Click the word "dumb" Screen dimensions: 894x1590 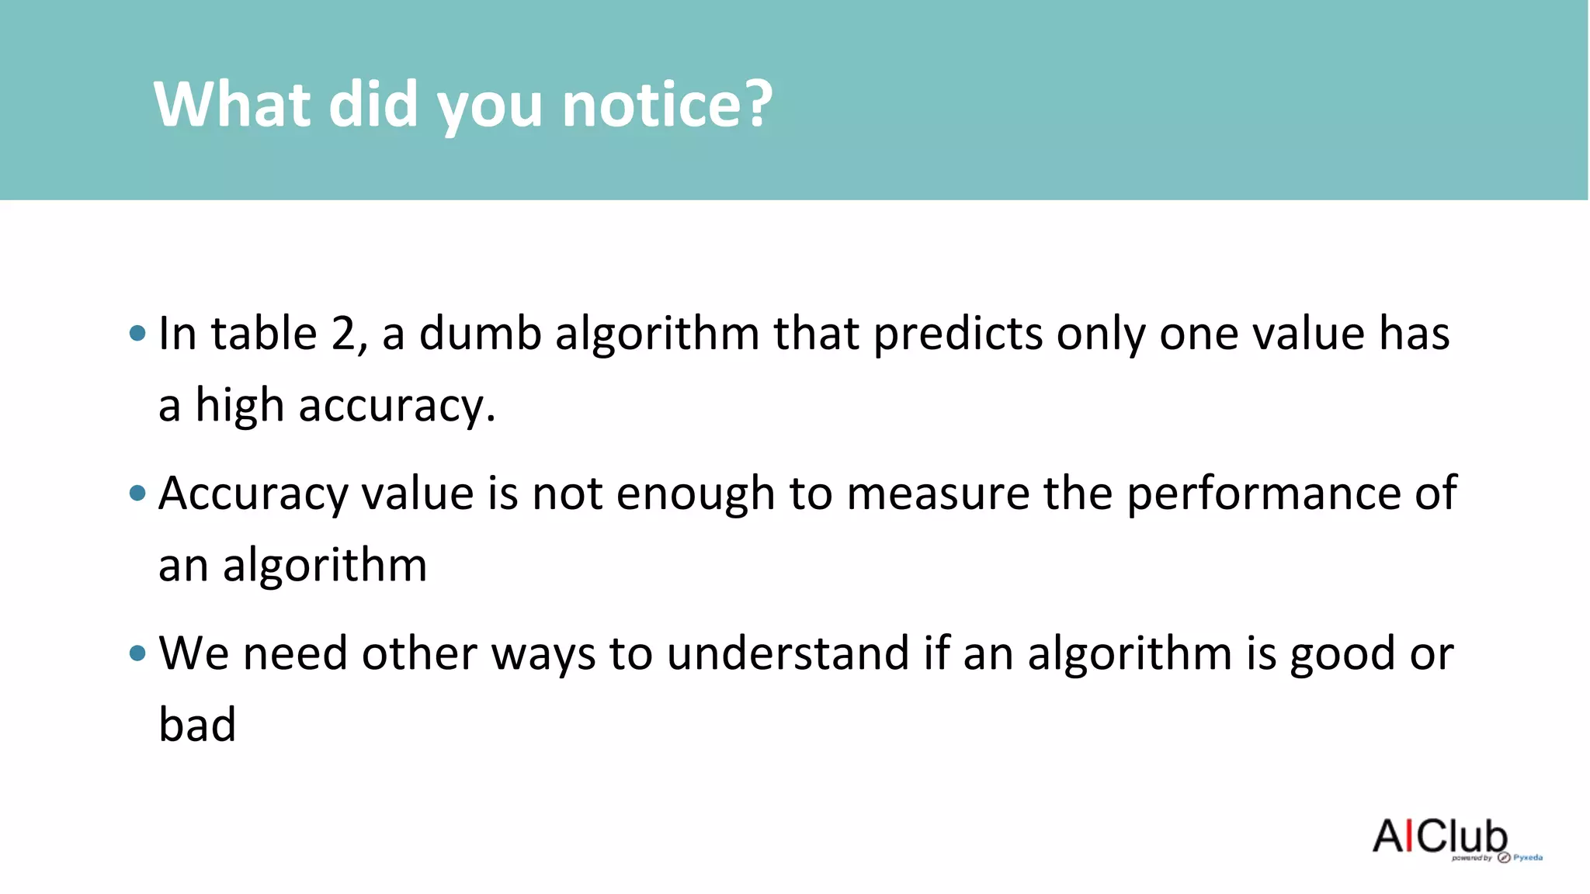coord(480,334)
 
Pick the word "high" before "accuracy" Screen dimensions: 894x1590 coord(239,406)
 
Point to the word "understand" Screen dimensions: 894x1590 coord(787,653)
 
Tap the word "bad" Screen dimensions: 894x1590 coord(197,725)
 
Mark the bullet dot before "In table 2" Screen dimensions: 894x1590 coord(138,334)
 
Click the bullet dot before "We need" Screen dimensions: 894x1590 coord(138,653)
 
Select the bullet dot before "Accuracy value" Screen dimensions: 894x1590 coord(138,493)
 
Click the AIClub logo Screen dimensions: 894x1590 coord(1439,837)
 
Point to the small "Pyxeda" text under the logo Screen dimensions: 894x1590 coord(1527,858)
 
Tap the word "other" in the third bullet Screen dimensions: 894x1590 coord(419,653)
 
